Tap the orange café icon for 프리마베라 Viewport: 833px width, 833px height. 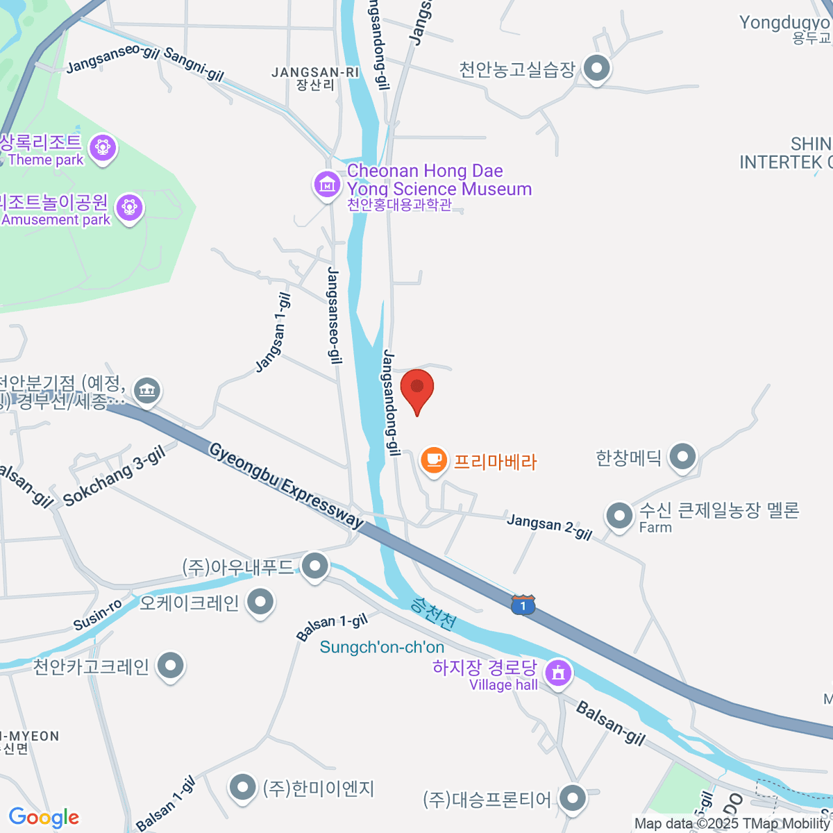tap(434, 460)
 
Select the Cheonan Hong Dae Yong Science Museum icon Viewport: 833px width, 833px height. tap(326, 185)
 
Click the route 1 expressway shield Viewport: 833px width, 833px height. tap(523, 605)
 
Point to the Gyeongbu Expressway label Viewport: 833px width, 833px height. tap(286, 486)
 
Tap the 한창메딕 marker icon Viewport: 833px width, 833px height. tap(683, 457)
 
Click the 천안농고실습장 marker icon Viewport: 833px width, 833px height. tap(596, 68)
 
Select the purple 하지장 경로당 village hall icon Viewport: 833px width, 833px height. tap(559, 672)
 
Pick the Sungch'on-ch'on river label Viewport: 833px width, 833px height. tap(382, 648)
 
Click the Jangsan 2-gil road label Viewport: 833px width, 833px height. tap(549, 527)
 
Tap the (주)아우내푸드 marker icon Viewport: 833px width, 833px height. tap(316, 566)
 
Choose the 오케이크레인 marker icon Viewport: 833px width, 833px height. tap(260, 602)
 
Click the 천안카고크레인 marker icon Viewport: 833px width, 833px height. tap(170, 666)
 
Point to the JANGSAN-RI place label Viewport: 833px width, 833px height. tap(315, 73)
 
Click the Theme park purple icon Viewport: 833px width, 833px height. tap(103, 147)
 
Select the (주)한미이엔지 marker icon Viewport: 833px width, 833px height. tap(242, 788)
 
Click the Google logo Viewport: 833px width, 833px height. tap(44, 818)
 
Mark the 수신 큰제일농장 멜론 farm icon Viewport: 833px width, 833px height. tap(618, 516)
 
